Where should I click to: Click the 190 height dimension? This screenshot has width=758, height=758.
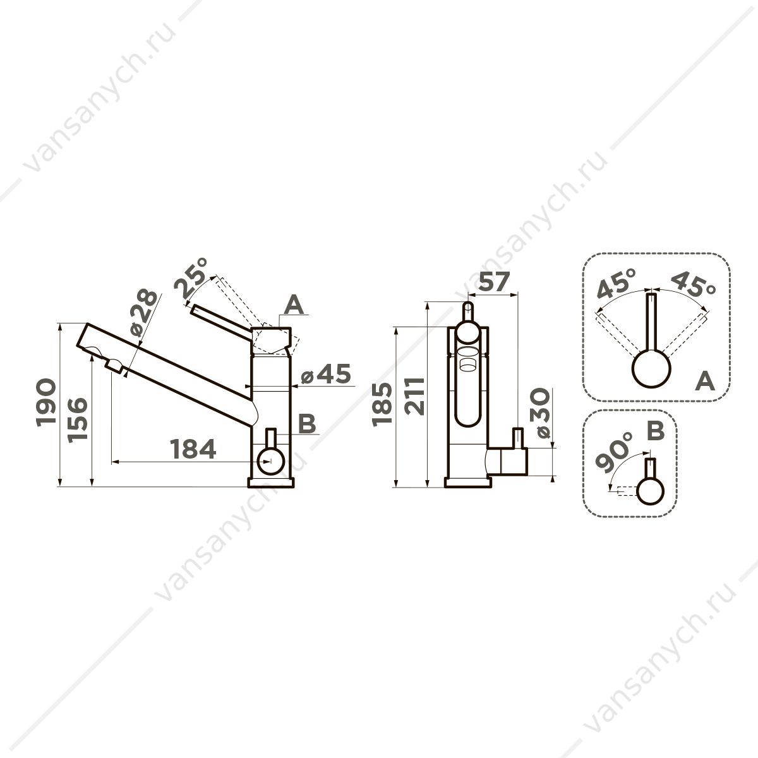45,402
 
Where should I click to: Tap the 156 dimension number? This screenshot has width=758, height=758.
76,420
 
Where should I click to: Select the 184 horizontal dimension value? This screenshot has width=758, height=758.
193,449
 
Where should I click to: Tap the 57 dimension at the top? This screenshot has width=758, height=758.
495,282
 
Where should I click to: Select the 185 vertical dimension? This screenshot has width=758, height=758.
382,404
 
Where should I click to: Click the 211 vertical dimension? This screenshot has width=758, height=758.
415,396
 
